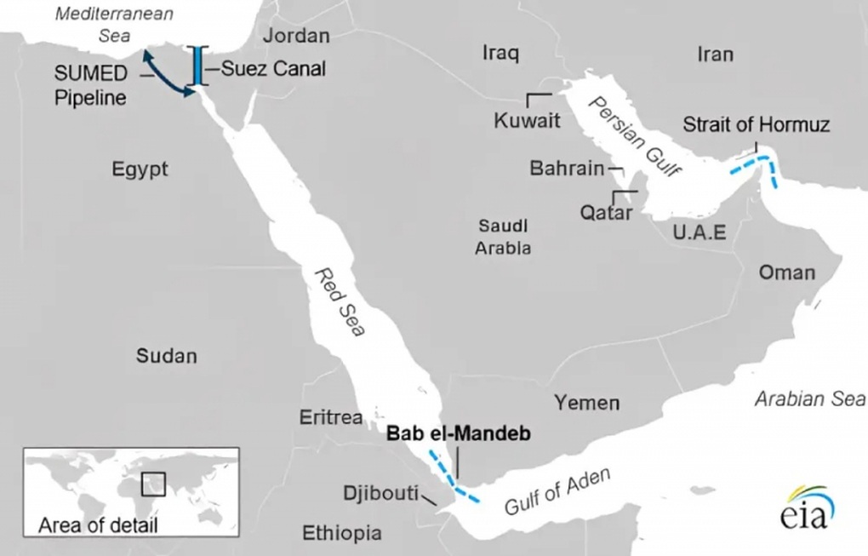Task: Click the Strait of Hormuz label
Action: (x=756, y=125)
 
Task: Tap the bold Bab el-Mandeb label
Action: (x=459, y=433)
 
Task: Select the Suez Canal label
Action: (x=273, y=69)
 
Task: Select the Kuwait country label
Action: (x=527, y=120)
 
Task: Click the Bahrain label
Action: (x=567, y=168)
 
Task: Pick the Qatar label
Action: (x=606, y=212)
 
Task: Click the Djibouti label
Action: (x=380, y=493)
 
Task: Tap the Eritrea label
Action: (x=331, y=417)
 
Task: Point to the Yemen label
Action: (x=587, y=402)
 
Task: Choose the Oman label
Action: (x=786, y=272)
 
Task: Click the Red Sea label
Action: (x=338, y=302)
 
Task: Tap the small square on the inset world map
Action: (x=153, y=483)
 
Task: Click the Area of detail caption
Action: (x=98, y=524)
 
